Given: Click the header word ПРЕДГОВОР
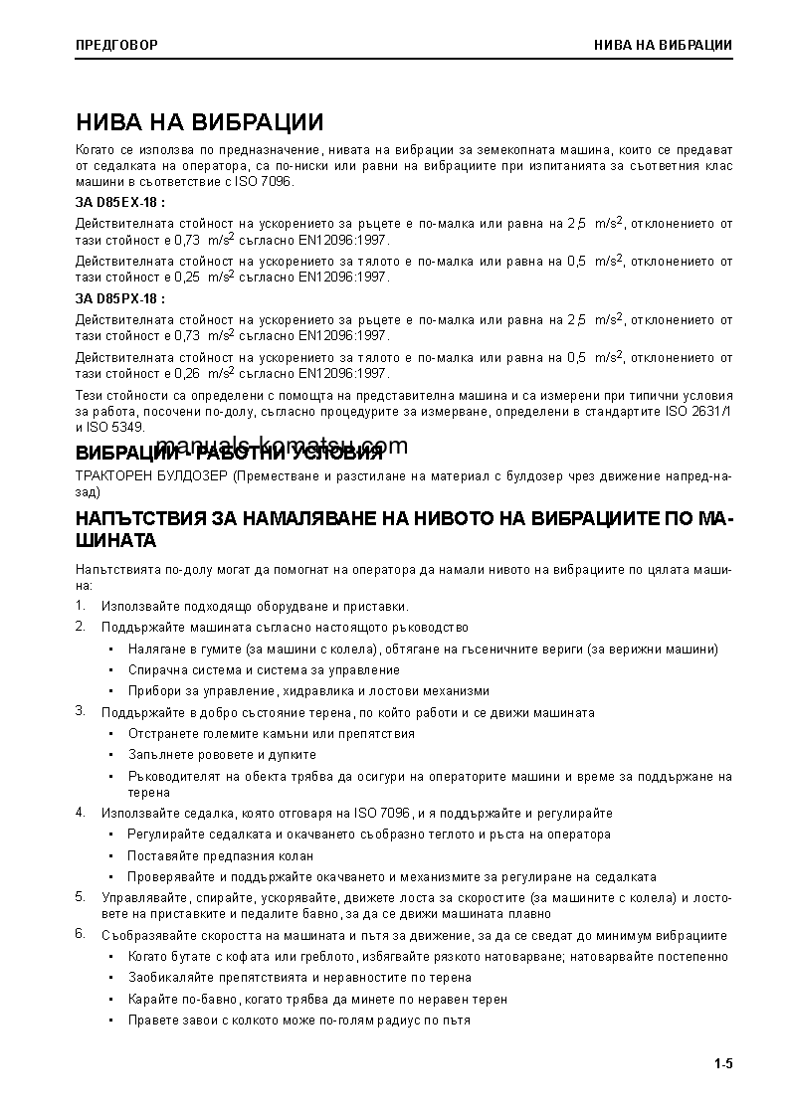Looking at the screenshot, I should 116,45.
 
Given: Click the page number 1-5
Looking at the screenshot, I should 722,1064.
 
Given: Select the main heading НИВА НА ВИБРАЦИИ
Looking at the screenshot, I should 199,122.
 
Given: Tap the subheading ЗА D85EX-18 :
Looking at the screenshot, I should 120,203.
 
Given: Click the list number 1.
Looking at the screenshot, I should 80,606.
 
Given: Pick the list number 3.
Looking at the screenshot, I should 80,711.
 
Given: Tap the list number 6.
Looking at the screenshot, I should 80,934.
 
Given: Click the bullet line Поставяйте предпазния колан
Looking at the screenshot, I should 220,855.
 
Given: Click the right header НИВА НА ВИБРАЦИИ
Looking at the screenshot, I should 663,45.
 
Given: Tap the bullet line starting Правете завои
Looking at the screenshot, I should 298,1020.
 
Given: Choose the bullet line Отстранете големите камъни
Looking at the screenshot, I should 271,733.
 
